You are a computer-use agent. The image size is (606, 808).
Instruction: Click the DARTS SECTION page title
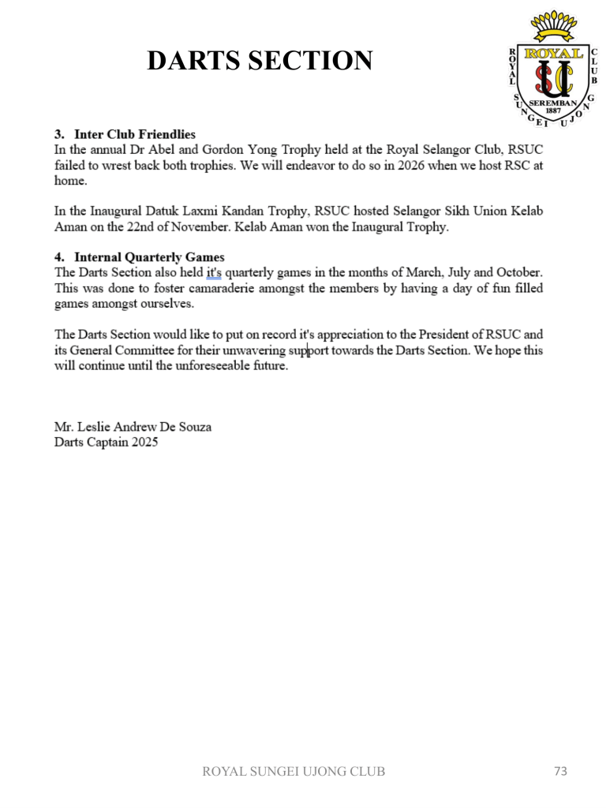tap(260, 61)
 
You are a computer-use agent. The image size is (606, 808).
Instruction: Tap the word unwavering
tap(261, 350)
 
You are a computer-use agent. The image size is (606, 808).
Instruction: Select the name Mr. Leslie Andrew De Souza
tap(133, 427)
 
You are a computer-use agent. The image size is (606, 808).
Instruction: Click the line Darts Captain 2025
tap(106, 442)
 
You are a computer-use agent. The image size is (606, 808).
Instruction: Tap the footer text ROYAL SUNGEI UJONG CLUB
tap(294, 772)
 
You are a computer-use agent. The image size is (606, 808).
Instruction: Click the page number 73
tap(561, 771)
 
